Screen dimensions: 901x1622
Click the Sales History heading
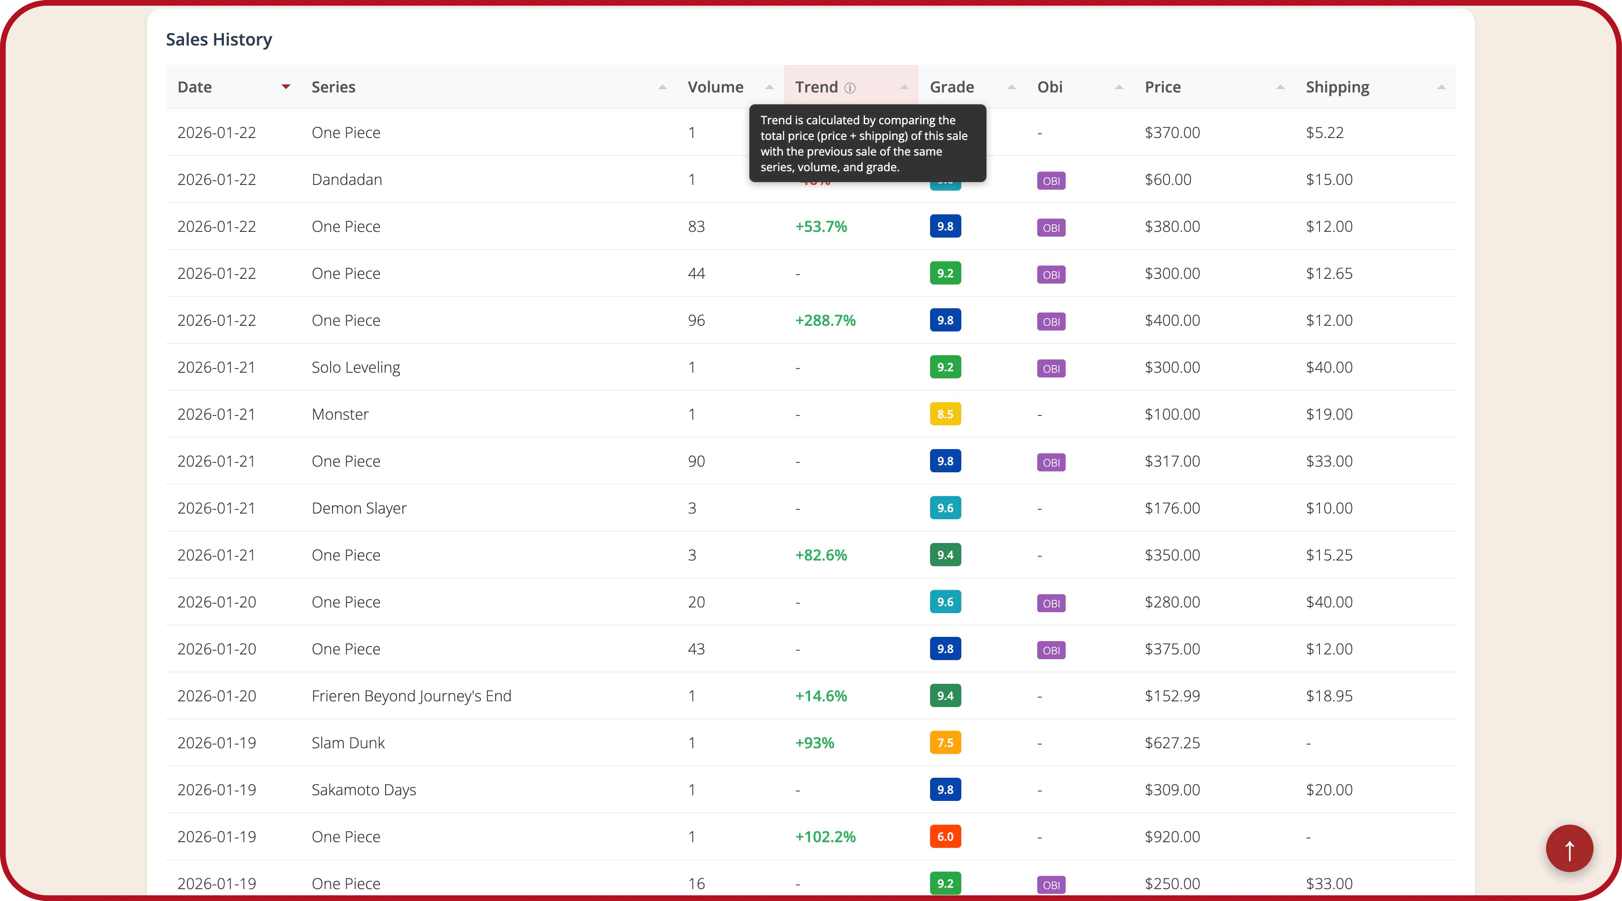pyautogui.click(x=219, y=40)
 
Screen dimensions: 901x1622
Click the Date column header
pyautogui.click(x=194, y=87)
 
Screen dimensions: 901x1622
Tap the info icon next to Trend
pyautogui.click(x=850, y=88)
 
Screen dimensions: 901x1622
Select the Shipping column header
pyautogui.click(x=1337, y=87)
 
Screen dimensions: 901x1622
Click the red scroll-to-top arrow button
pyautogui.click(x=1569, y=848)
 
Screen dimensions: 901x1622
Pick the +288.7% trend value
pyautogui.click(x=825, y=321)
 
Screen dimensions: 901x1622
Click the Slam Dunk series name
pyautogui.click(x=348, y=743)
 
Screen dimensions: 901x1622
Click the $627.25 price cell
pyautogui.click(x=1172, y=743)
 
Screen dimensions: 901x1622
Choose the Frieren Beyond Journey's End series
pyautogui.click(x=411, y=696)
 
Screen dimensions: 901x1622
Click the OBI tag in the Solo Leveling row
pyautogui.click(x=1051, y=368)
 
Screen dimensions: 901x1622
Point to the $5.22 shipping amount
pyautogui.click(x=1324, y=133)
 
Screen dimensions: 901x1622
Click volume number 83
pyautogui.click(x=696, y=227)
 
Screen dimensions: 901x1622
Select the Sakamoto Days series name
pyautogui.click(x=363, y=790)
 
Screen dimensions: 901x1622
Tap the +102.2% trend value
pyautogui.click(x=825, y=837)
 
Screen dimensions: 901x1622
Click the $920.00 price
pyautogui.click(x=1172, y=837)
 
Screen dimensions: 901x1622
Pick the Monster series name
pyautogui.click(x=340, y=414)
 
